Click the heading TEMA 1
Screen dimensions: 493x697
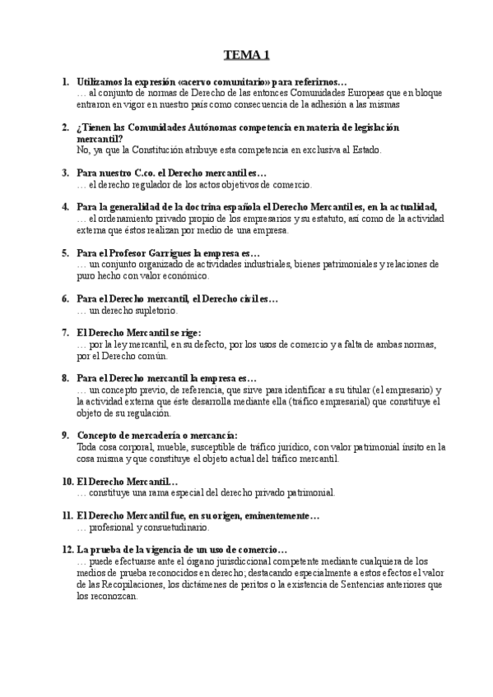point(246,56)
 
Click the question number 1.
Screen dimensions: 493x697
point(65,83)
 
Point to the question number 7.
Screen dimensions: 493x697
point(65,333)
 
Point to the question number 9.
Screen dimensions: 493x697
point(65,435)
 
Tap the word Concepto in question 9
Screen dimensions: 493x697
point(99,435)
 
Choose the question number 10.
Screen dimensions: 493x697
point(67,481)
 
